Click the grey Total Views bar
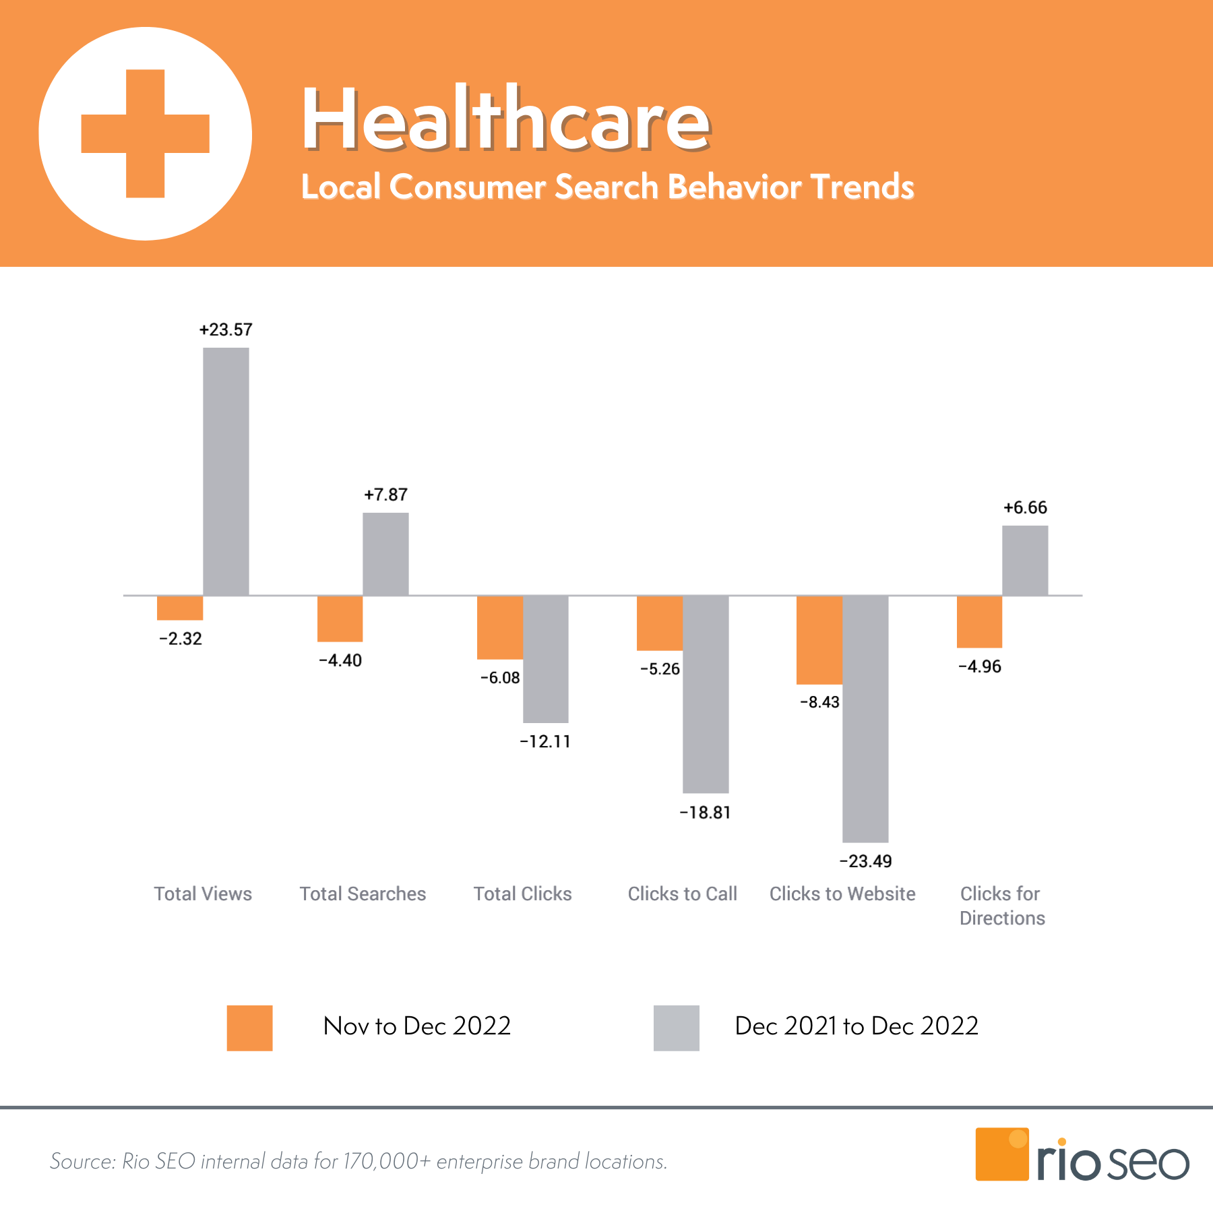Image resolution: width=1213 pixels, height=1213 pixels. pyautogui.click(x=226, y=471)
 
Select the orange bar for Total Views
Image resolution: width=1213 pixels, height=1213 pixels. pyautogui.click(x=180, y=608)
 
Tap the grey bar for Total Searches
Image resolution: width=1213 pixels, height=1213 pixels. pyautogui.click(x=385, y=554)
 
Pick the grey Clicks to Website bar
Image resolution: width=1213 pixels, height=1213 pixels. pyautogui.click(x=865, y=718)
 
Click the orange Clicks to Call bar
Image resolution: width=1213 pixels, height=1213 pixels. pyautogui.click(x=660, y=623)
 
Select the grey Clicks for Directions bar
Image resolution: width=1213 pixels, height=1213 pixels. pyautogui.click(x=1025, y=560)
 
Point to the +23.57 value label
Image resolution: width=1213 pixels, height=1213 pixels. pyautogui.click(x=226, y=330)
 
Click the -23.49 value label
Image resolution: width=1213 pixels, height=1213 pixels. pyautogui.click(x=865, y=861)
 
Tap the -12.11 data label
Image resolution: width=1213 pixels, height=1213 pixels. pyautogui.click(x=545, y=741)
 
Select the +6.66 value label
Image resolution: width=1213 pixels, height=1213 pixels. pyautogui.click(x=1025, y=507)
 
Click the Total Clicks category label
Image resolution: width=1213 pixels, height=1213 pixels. pyautogui.click(x=522, y=894)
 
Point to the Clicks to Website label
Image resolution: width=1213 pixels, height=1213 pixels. pyautogui.click(x=842, y=894)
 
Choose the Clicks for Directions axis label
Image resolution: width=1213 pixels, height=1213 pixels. pyautogui.click(x=1002, y=906)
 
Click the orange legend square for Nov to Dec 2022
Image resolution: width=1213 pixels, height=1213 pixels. pyautogui.click(x=249, y=1028)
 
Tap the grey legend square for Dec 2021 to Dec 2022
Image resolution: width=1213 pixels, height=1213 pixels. pyautogui.click(x=676, y=1028)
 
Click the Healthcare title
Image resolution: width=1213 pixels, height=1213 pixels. pyautogui.click(x=505, y=119)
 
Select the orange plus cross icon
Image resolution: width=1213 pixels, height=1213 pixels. pyautogui.click(x=146, y=133)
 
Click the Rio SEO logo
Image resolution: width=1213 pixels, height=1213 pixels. pyautogui.click(x=1082, y=1155)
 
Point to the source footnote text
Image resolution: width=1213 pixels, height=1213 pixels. pyautogui.click(x=359, y=1161)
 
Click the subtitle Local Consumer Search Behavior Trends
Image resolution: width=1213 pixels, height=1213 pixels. pyautogui.click(x=607, y=187)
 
